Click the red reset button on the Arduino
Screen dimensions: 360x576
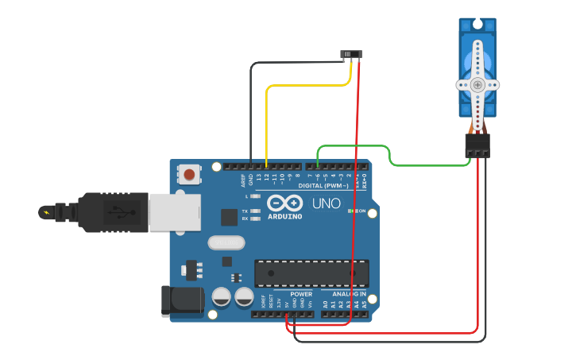pyautogui.click(x=189, y=174)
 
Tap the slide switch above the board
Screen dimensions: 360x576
pyautogui.click(x=351, y=55)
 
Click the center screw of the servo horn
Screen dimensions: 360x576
pyautogui.click(x=477, y=84)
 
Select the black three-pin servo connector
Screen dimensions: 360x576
pyautogui.click(x=477, y=145)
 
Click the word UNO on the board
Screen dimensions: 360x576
pyautogui.click(x=326, y=203)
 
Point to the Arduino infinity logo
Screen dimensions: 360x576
pyautogui.click(x=284, y=203)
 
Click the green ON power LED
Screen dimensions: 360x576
pyautogui.click(x=350, y=211)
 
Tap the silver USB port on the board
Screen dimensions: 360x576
pyautogui.click(x=174, y=212)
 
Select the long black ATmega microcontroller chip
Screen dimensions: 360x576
pyautogui.click(x=311, y=273)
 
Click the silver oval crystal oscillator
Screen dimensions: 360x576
pyautogui.click(x=226, y=242)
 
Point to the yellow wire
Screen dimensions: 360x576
pyautogui.click(x=267, y=119)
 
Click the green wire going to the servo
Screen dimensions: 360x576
pyautogui.click(x=429, y=165)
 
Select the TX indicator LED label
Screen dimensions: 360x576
pyautogui.click(x=245, y=211)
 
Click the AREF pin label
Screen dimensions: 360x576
pyautogui.click(x=243, y=180)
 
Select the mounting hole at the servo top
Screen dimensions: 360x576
pyautogui.click(x=477, y=25)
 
